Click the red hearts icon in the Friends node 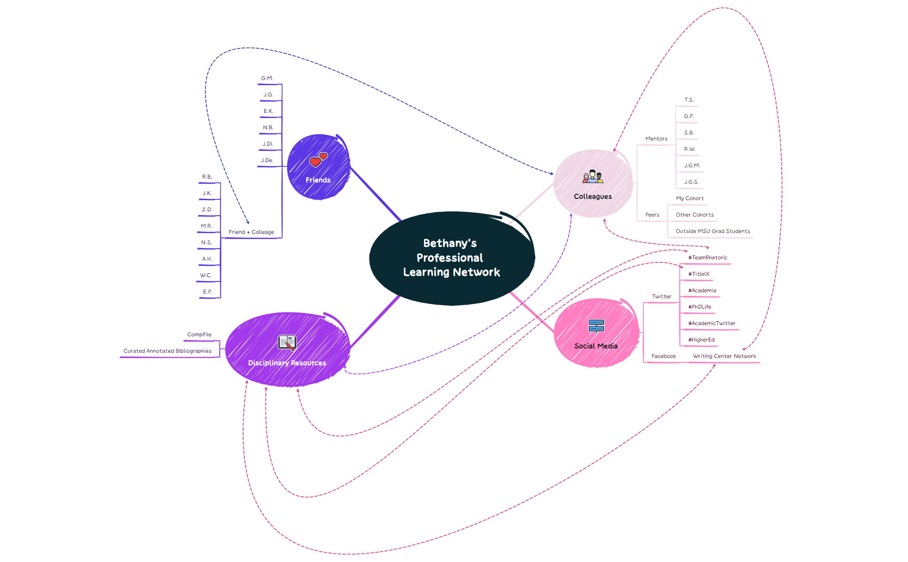point(318,160)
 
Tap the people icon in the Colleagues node point(593,176)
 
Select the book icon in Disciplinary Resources point(287,343)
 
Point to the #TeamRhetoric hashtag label point(707,258)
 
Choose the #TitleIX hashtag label point(698,274)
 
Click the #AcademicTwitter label point(711,323)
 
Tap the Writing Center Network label point(724,356)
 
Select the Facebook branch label point(663,356)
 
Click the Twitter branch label point(661,297)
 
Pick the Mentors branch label point(656,139)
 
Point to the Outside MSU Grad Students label point(713,231)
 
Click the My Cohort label point(689,198)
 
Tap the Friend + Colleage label point(251,232)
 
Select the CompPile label point(199,335)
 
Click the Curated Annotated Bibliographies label point(167,351)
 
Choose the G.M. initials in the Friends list point(267,78)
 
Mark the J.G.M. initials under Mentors point(692,166)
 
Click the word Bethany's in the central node point(450,243)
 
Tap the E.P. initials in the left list point(208,292)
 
